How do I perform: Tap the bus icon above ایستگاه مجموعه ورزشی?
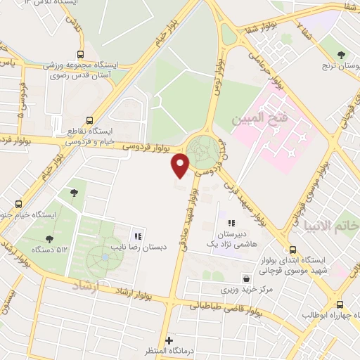[x=81, y=54]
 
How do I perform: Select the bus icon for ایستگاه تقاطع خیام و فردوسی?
[x=89, y=120]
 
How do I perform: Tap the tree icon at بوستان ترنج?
[x=341, y=54]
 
